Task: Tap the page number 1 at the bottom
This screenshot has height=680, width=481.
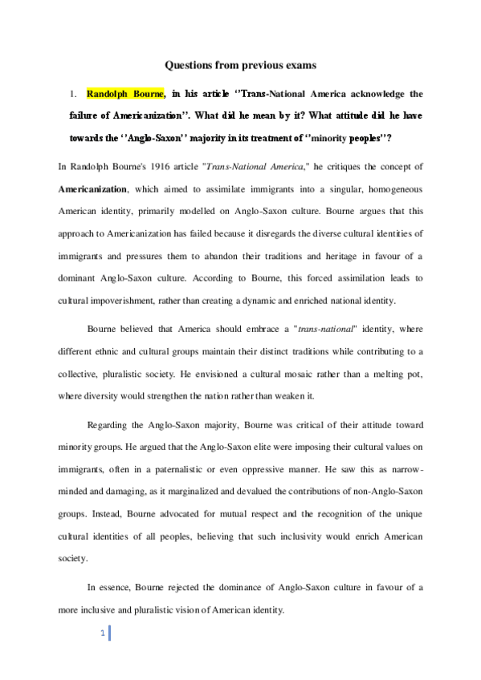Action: coord(104,634)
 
